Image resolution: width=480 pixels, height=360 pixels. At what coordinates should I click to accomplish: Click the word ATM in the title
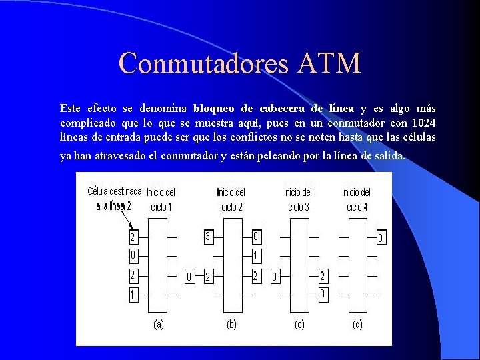point(329,64)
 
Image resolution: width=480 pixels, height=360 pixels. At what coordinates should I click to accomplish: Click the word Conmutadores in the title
point(203,64)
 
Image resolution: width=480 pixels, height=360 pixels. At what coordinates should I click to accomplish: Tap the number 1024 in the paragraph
point(423,123)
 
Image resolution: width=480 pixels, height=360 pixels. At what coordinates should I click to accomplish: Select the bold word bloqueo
point(215,108)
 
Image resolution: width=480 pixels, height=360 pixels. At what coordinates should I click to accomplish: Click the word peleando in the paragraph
point(297,156)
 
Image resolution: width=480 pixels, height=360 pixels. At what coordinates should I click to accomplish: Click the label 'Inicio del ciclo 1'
point(161,199)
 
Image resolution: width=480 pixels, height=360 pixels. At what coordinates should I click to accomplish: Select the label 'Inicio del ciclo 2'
point(231,199)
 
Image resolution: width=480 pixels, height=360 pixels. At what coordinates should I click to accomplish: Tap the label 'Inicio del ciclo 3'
point(298,199)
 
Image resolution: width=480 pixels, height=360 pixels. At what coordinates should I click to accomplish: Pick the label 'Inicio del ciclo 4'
point(357,199)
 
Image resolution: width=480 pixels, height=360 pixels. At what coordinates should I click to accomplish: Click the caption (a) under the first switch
point(159,325)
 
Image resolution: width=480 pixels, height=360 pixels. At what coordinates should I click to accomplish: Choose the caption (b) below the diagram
point(231,325)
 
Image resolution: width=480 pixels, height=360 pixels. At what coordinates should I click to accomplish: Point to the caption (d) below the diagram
point(357,325)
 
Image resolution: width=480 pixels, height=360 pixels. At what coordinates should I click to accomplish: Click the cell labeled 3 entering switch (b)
point(208,237)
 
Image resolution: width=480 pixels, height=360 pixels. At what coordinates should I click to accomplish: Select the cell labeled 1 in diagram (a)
point(133,294)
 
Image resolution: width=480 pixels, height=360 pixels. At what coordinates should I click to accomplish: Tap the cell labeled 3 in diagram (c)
point(323,294)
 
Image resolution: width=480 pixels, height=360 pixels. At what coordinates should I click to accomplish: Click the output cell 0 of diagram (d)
point(381,237)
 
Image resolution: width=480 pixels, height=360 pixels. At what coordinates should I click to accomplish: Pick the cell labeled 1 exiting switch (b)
point(257,255)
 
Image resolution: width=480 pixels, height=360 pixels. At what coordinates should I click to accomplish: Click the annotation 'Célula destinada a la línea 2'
point(114,199)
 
